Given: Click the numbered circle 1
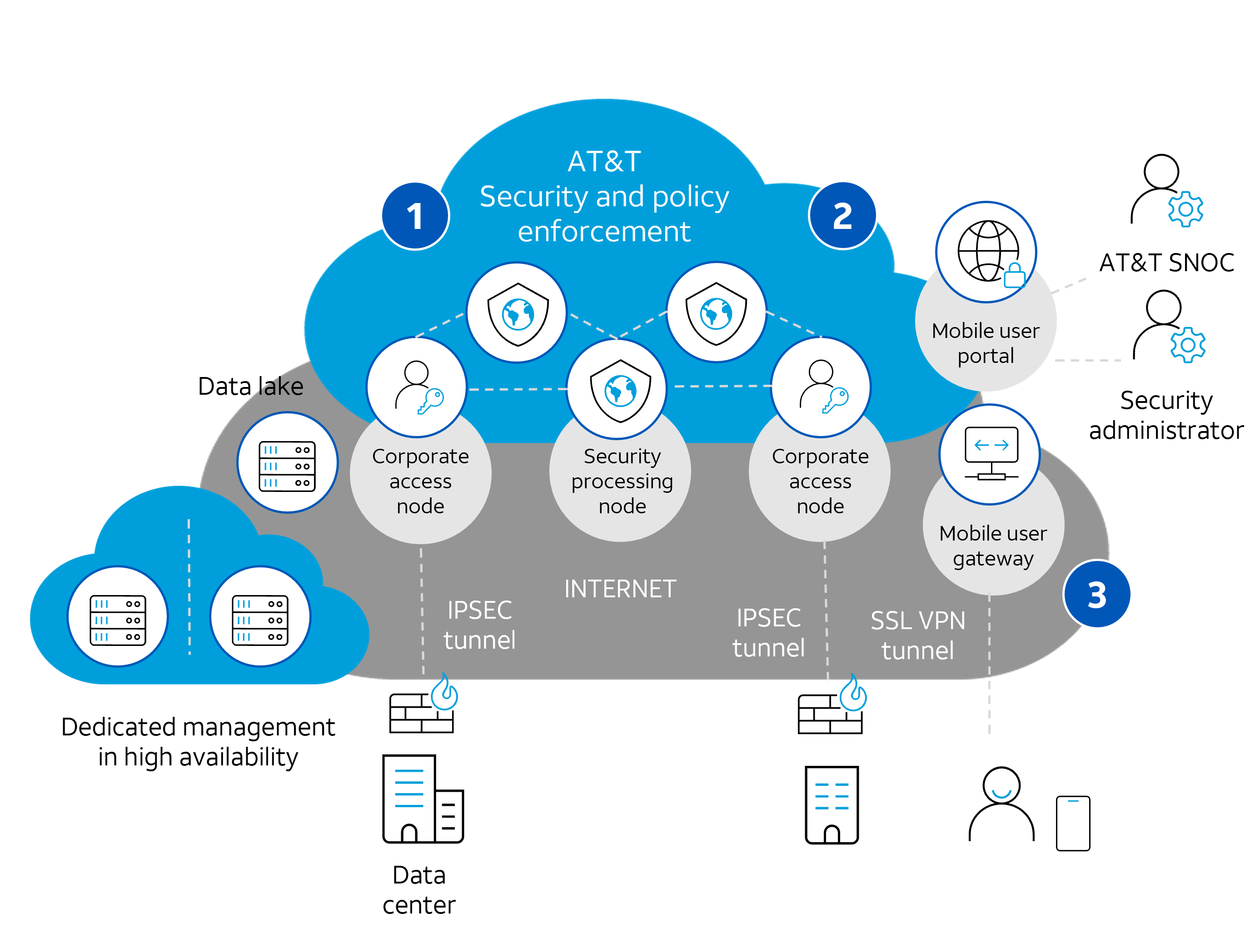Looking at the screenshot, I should [415, 216].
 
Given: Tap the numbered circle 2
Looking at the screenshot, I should [842, 216].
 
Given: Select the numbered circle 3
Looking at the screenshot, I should [1097, 595].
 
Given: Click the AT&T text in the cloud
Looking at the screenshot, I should [604, 162].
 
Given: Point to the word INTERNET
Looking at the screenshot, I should [620, 589].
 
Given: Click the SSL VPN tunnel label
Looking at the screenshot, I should [918, 635].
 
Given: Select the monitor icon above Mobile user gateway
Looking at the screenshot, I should [991, 454].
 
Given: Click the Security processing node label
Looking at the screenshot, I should [622, 481].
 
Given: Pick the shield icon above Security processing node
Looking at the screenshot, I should [620, 390].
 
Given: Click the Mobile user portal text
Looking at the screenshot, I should [986, 343].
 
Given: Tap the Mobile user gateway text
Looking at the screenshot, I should [993, 546].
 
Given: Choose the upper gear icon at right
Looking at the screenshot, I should [1185, 209].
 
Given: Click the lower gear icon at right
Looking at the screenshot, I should [1188, 344].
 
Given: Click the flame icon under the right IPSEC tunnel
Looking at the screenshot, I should [853, 693].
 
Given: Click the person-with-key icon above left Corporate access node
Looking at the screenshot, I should [418, 387].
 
